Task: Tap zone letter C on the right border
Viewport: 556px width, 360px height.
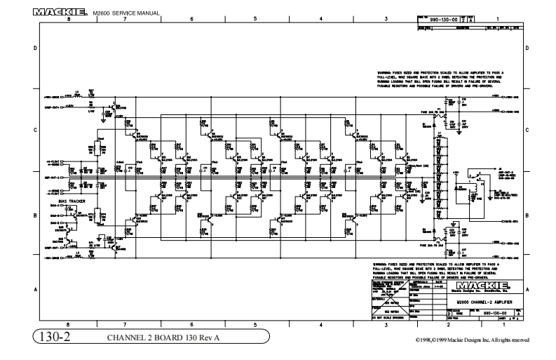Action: [527, 131]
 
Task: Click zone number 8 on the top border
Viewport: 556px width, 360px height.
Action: [69, 19]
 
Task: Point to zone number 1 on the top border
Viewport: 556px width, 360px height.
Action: [496, 19]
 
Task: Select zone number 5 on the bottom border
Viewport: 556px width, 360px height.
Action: [255, 325]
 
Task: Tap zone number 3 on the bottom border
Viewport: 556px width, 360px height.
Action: [386, 325]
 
